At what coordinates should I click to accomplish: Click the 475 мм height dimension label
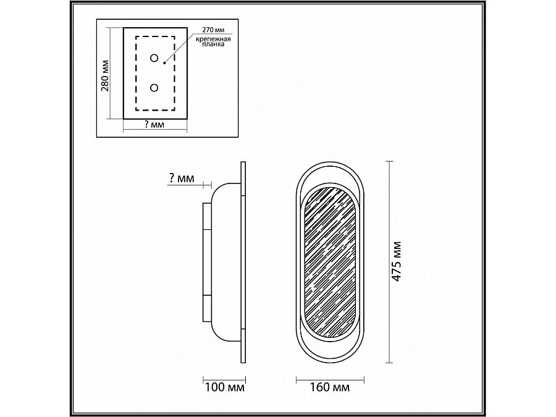pos(397,261)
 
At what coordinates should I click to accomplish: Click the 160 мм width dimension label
pos(330,387)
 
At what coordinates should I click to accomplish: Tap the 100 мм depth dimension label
pos(224,387)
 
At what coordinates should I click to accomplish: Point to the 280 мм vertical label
pos(105,75)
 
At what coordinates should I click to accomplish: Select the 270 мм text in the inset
pos(213,30)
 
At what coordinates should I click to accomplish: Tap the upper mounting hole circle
pos(154,58)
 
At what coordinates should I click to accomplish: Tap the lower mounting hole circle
pos(154,87)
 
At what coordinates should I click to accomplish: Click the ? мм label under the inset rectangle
pos(154,125)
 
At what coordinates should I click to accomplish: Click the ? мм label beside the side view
pos(181,178)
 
